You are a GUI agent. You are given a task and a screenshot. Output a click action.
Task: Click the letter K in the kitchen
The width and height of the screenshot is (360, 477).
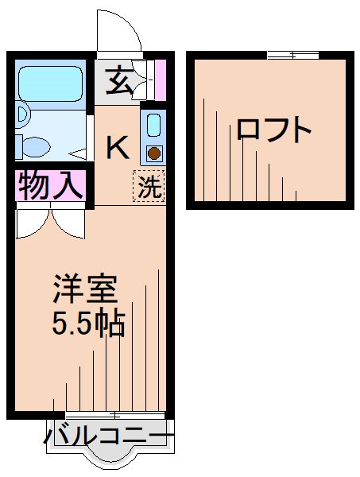(x=118, y=146)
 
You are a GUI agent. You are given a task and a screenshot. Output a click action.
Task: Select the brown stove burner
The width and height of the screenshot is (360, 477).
(x=154, y=153)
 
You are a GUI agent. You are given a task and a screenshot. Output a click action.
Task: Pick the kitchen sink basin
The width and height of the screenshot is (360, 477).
(x=154, y=125)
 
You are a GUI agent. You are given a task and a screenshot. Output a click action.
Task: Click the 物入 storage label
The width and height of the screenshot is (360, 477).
(x=49, y=186)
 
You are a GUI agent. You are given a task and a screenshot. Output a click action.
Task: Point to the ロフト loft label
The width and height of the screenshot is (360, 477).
(x=273, y=130)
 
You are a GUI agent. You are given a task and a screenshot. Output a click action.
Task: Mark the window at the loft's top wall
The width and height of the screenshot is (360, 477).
(x=292, y=55)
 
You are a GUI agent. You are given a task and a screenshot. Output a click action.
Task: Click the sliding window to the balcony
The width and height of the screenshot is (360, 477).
(x=115, y=415)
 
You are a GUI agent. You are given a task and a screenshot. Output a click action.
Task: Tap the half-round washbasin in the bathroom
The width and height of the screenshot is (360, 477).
(x=22, y=116)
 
